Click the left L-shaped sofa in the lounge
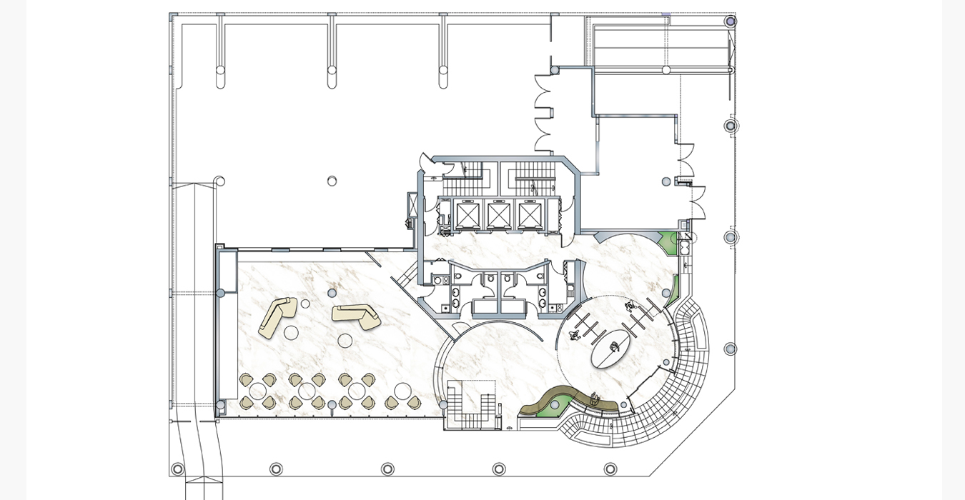coord(277,318)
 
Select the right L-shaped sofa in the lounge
coord(356,316)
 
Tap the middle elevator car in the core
coord(499,214)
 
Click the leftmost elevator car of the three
coord(467,214)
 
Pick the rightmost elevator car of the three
coord(530,214)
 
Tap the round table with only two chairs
coord(402,391)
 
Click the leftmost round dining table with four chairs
coord(258,391)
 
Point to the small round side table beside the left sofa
coord(305,304)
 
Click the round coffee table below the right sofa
coord(345,341)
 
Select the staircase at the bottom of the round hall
coord(472,406)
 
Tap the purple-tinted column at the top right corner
coord(731,21)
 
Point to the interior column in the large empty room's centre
coord(332,181)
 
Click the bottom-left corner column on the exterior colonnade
coord(177,469)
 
